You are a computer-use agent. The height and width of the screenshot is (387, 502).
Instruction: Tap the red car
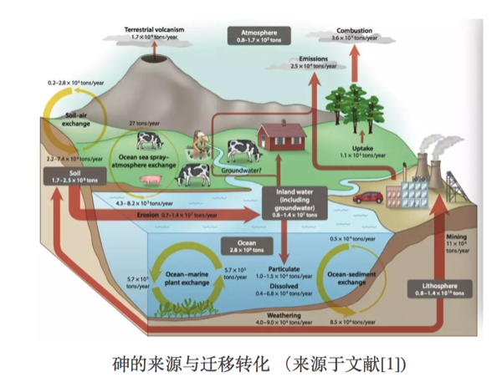(369, 197)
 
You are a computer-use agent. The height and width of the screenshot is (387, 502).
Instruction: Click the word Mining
(457, 237)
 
